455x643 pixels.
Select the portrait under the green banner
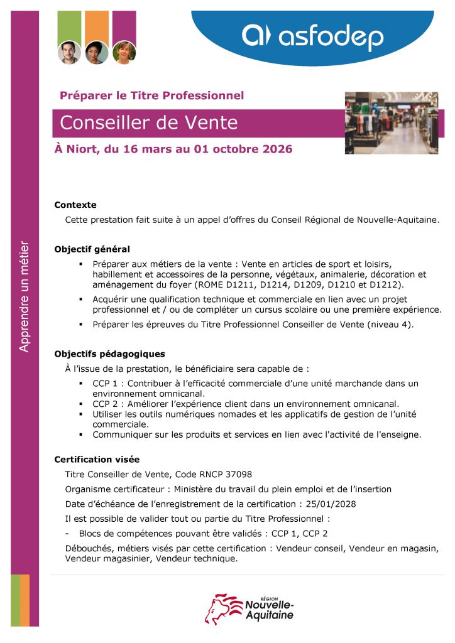(x=69, y=52)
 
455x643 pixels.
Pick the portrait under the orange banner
(x=96, y=52)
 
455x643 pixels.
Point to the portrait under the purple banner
(x=124, y=52)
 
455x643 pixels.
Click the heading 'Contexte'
(x=75, y=205)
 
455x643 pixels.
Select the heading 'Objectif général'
(x=92, y=249)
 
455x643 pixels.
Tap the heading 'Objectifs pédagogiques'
(x=109, y=354)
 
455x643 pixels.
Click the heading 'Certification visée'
(x=97, y=460)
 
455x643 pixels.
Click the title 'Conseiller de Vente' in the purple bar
(x=148, y=122)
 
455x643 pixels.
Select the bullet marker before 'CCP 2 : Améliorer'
(x=82, y=404)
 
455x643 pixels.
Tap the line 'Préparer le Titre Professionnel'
(x=151, y=95)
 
